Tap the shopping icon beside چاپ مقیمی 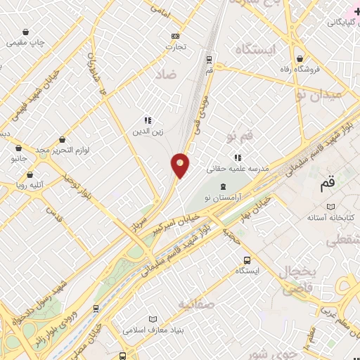(x=26, y=32)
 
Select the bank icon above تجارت (x=175, y=37)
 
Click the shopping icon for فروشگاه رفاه (x=300, y=58)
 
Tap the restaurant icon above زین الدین (x=148, y=120)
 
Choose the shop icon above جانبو (x=18, y=148)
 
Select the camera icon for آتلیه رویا (x=11, y=186)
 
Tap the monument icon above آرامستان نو (x=223, y=186)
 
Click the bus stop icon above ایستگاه (x=247, y=260)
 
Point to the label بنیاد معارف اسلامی (x=153, y=328)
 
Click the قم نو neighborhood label (x=239, y=133)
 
